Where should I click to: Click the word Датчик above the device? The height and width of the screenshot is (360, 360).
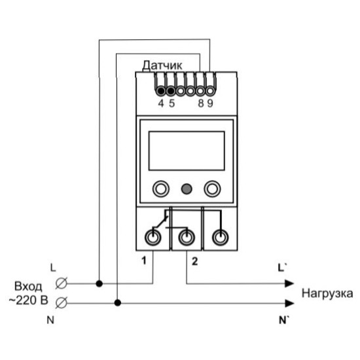(x=162, y=65)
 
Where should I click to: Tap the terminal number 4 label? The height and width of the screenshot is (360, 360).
(x=161, y=103)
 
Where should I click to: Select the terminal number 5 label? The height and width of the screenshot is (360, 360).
(x=172, y=103)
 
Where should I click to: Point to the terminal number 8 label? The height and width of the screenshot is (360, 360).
(x=201, y=103)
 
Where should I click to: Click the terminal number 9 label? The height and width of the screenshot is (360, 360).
(x=210, y=103)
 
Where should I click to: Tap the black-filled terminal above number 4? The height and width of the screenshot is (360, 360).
(x=161, y=91)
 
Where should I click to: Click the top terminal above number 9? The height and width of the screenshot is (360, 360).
(x=210, y=91)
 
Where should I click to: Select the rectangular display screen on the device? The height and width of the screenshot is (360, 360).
(x=187, y=151)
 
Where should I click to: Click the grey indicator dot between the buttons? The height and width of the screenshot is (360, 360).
(x=187, y=189)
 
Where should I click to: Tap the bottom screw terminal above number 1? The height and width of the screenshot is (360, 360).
(x=153, y=238)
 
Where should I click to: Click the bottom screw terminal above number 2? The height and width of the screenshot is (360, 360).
(x=187, y=238)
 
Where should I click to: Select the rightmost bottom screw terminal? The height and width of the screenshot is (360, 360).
(x=221, y=238)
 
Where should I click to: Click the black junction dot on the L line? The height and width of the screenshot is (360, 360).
(x=99, y=284)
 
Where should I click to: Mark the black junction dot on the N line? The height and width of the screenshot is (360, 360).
(x=118, y=303)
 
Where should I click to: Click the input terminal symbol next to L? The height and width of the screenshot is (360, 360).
(x=62, y=283)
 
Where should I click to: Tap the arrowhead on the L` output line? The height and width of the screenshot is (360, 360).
(x=289, y=283)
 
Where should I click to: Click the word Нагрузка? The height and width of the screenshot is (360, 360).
(x=327, y=294)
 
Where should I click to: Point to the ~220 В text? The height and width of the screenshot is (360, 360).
(x=28, y=300)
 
